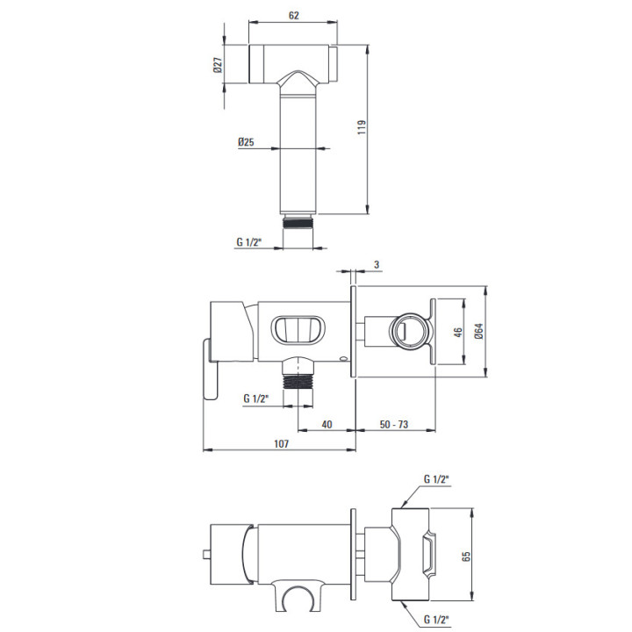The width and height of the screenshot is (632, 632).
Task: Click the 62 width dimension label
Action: pyautogui.click(x=294, y=15)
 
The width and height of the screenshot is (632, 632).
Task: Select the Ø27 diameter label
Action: pyautogui.click(x=218, y=64)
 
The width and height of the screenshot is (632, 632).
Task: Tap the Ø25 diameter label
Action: pyautogui.click(x=246, y=142)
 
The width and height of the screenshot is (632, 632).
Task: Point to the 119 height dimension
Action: pyautogui.click(x=362, y=127)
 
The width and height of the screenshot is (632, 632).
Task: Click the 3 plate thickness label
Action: pyautogui.click(x=377, y=265)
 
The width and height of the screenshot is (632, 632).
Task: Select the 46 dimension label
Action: pyautogui.click(x=458, y=332)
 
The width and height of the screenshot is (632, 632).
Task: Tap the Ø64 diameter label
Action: pyautogui.click(x=478, y=331)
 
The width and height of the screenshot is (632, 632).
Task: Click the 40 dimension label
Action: pyautogui.click(x=327, y=425)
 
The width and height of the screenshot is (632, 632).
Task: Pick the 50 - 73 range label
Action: pyautogui.click(x=394, y=425)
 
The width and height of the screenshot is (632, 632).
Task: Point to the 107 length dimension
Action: pyautogui.click(x=282, y=444)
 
